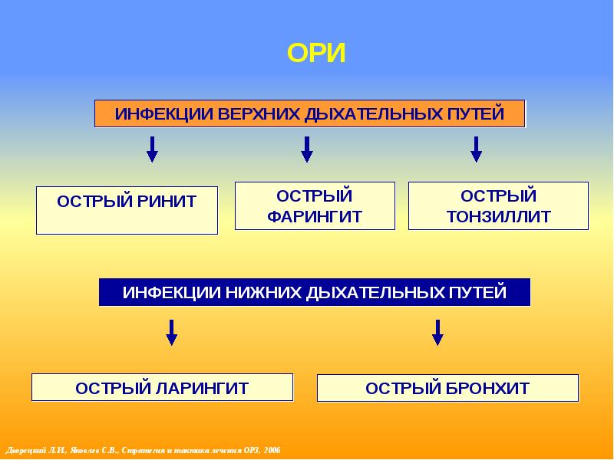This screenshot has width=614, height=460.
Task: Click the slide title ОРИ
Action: (316, 53)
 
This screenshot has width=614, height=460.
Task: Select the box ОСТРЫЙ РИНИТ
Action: (127, 209)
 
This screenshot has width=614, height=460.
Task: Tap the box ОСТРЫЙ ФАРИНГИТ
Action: (315, 205)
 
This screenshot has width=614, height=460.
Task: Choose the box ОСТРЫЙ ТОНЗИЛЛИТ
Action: (498, 205)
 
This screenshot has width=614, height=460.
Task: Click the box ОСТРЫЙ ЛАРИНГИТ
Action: (162, 387)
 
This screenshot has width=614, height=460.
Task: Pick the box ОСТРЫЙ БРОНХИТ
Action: (447, 388)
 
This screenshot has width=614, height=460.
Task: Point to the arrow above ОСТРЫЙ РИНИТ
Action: (152, 149)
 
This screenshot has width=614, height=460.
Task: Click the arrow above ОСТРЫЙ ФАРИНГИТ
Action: (307, 149)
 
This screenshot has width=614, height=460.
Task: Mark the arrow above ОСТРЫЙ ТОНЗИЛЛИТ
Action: (476, 149)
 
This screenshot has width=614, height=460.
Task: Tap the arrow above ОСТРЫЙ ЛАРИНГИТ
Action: (172, 332)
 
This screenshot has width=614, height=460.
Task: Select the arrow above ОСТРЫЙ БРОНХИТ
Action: (437, 332)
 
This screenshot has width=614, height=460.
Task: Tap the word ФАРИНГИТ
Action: (315, 217)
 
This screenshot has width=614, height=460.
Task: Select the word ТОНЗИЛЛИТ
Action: (498, 217)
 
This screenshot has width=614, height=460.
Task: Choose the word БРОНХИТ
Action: (490, 388)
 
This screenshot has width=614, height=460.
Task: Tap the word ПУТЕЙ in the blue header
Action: (478, 293)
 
